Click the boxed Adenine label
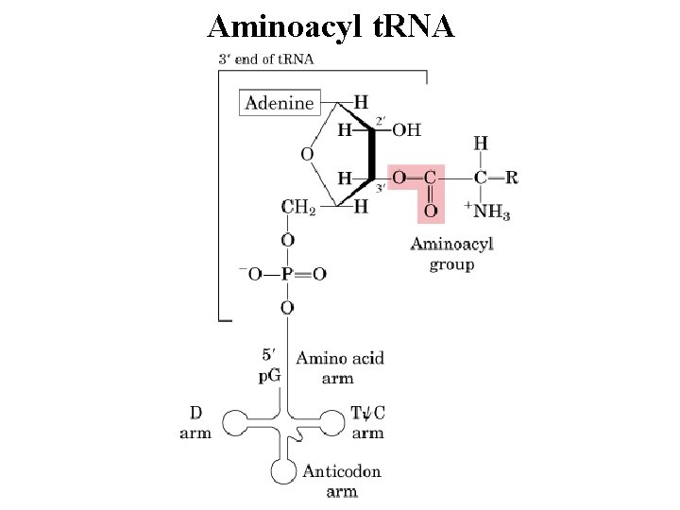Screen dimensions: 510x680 pyautogui.click(x=280, y=103)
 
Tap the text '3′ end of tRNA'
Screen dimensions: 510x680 pyautogui.click(x=267, y=59)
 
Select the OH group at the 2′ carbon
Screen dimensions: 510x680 pyautogui.click(x=407, y=129)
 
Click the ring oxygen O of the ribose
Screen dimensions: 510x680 pyautogui.click(x=307, y=153)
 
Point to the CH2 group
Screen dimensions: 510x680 pyautogui.click(x=297, y=206)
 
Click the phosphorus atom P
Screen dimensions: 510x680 pyautogui.click(x=287, y=274)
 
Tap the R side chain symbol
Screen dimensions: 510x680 pyautogui.click(x=511, y=177)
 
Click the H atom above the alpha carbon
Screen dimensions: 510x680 pyautogui.click(x=481, y=143)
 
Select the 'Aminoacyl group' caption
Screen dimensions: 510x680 pyautogui.click(x=451, y=254)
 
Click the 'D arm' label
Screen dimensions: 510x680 pyautogui.click(x=195, y=423)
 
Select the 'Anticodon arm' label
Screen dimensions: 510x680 pyautogui.click(x=341, y=481)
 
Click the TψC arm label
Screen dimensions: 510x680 pyautogui.click(x=367, y=423)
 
